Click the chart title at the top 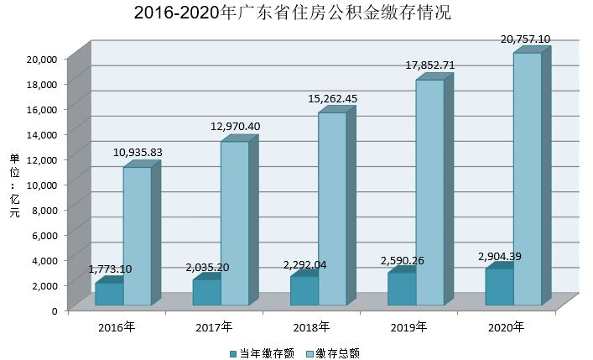(x=297, y=13)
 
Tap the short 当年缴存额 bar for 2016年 (x=109, y=294)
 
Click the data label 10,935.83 (x=138, y=152)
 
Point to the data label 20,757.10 (x=525, y=39)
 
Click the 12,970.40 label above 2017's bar (x=236, y=127)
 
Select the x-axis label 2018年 (x=312, y=326)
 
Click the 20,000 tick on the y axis (x=41, y=59)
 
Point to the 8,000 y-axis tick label (x=44, y=210)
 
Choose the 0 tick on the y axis (x=54, y=310)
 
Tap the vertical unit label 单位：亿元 (x=13, y=185)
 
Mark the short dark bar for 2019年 (x=402, y=288)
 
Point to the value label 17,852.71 (x=429, y=65)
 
